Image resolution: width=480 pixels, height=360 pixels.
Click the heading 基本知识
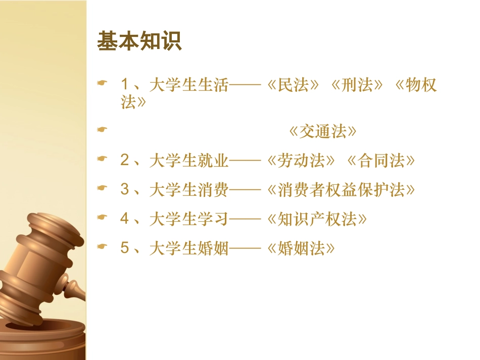[139, 41]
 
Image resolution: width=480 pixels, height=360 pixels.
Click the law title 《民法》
[294, 85]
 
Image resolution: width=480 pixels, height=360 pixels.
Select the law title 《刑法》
[357, 85]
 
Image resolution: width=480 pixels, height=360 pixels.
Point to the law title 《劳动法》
[300, 161]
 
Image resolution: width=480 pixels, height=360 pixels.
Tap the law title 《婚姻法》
[300, 248]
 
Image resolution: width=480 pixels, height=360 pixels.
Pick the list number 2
[125, 161]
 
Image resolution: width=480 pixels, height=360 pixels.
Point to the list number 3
[125, 190]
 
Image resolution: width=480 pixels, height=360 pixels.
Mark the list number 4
[125, 219]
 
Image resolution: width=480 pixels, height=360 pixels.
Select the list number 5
[125, 248]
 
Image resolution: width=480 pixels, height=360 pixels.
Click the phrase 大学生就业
[189, 161]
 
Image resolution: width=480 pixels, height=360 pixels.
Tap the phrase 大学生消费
[189, 190]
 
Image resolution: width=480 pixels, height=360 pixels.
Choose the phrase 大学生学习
[189, 219]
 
